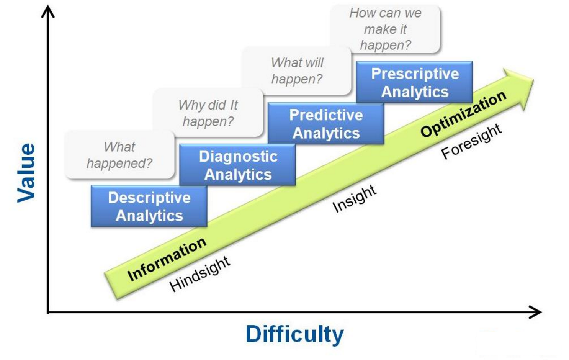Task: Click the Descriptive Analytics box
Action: coord(149,206)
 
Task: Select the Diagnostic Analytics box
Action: coord(237,165)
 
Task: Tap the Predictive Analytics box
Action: coord(326,123)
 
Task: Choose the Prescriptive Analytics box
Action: coord(414,82)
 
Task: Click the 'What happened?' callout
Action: coord(119,155)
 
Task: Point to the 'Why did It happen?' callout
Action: coord(208,113)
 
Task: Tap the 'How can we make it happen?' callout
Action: coord(385,29)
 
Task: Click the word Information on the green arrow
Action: coord(167,259)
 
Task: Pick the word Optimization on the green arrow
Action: coord(463,114)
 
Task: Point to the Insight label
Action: coord(354,199)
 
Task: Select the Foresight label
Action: coord(471,141)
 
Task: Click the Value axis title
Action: coord(26,173)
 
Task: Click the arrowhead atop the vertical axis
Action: coord(48,11)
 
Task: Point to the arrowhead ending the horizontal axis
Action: coord(535,312)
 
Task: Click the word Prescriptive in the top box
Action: coord(415,74)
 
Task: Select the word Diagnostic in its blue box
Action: coord(238,156)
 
